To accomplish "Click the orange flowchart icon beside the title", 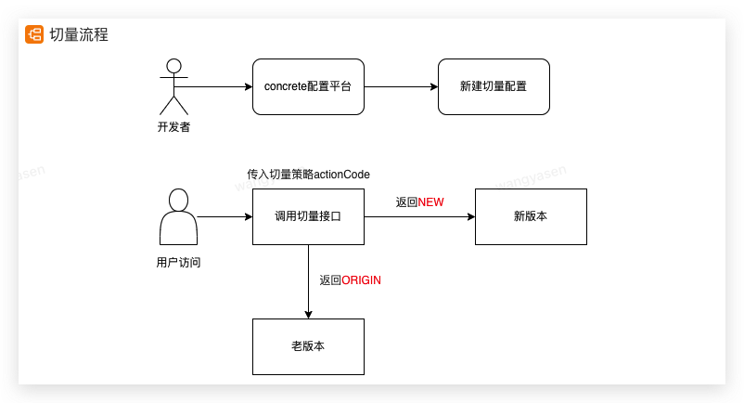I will click(x=34, y=35).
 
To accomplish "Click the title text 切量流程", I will click(x=79, y=35).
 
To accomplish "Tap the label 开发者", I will click(x=173, y=127).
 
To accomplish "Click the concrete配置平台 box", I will click(x=308, y=86).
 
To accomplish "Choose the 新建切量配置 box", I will click(x=494, y=86).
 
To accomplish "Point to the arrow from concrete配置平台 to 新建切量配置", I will click(x=401, y=86).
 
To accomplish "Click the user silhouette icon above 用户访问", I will click(x=178, y=215).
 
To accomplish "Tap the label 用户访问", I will click(x=179, y=262).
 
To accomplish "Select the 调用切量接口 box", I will click(x=308, y=216).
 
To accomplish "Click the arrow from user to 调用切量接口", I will click(x=224, y=216).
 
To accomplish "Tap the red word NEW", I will click(x=430, y=201).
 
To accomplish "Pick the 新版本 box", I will click(x=531, y=216).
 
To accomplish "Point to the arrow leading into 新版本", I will click(x=419, y=216).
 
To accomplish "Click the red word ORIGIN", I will click(x=362, y=279).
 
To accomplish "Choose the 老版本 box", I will click(x=308, y=346).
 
